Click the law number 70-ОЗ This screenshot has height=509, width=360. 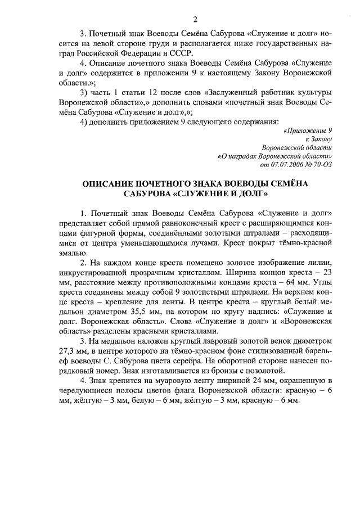point(324,165)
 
